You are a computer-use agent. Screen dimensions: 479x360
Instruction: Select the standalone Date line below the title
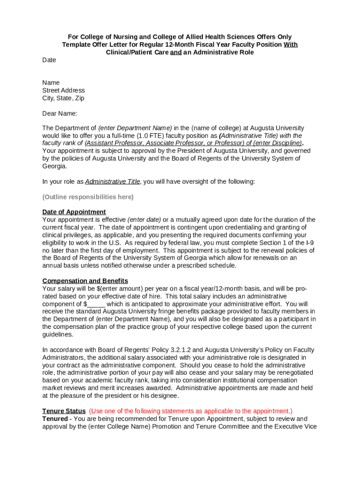pyautogui.click(x=49, y=60)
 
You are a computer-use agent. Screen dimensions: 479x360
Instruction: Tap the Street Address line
pyautogui.click(x=64, y=90)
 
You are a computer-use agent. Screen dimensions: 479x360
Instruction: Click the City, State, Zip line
pyautogui.click(x=63, y=98)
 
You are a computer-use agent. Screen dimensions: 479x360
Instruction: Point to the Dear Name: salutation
pyautogui.click(x=60, y=113)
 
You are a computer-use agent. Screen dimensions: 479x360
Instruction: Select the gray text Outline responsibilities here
pyautogui.click(x=88, y=197)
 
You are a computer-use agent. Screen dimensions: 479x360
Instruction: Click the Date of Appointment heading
pyautogui.click(x=74, y=212)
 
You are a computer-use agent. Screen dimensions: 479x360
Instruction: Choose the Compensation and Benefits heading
pyautogui.click(x=85, y=281)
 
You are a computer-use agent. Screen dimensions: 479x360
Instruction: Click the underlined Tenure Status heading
pyautogui.click(x=64, y=411)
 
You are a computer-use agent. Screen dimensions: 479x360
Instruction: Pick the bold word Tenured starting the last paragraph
pyautogui.click(x=55, y=419)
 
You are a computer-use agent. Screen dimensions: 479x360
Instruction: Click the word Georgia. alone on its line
pyautogui.click(x=55, y=166)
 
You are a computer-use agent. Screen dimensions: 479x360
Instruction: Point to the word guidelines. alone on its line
pyautogui.click(x=58, y=335)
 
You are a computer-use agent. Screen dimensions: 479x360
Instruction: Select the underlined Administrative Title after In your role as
pyautogui.click(x=112, y=181)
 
